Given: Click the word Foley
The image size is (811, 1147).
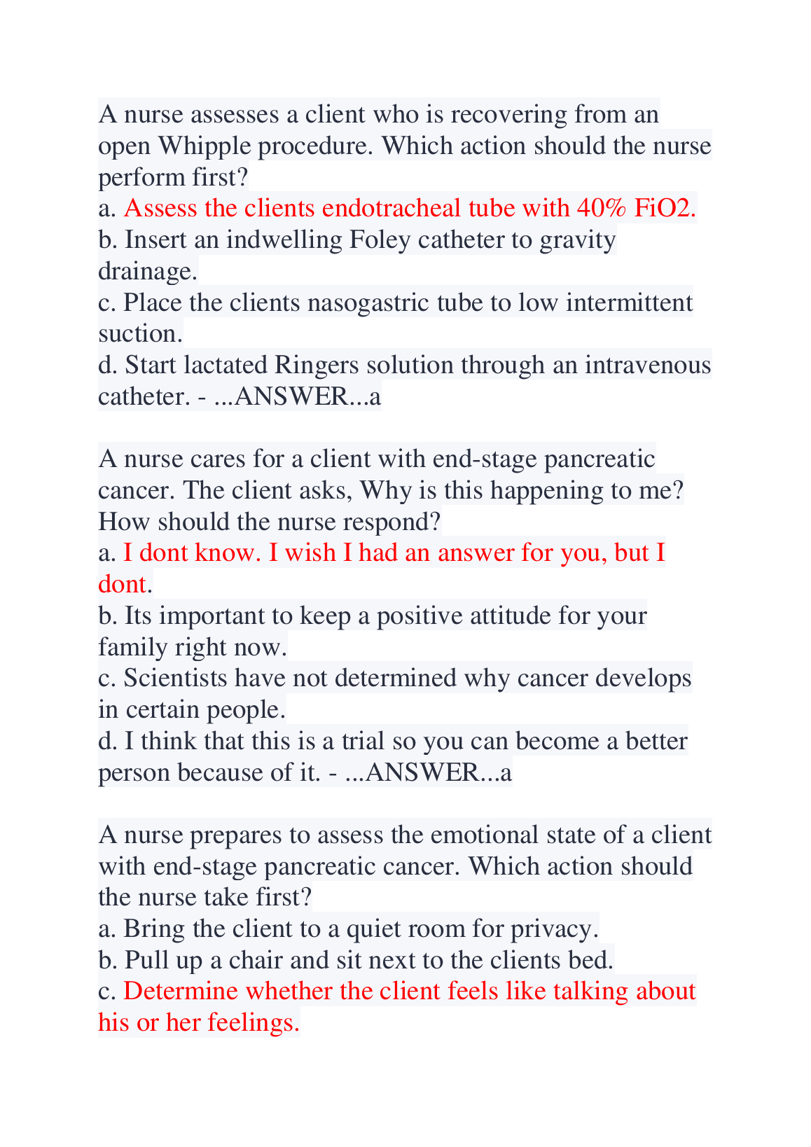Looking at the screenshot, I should [378, 240].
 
